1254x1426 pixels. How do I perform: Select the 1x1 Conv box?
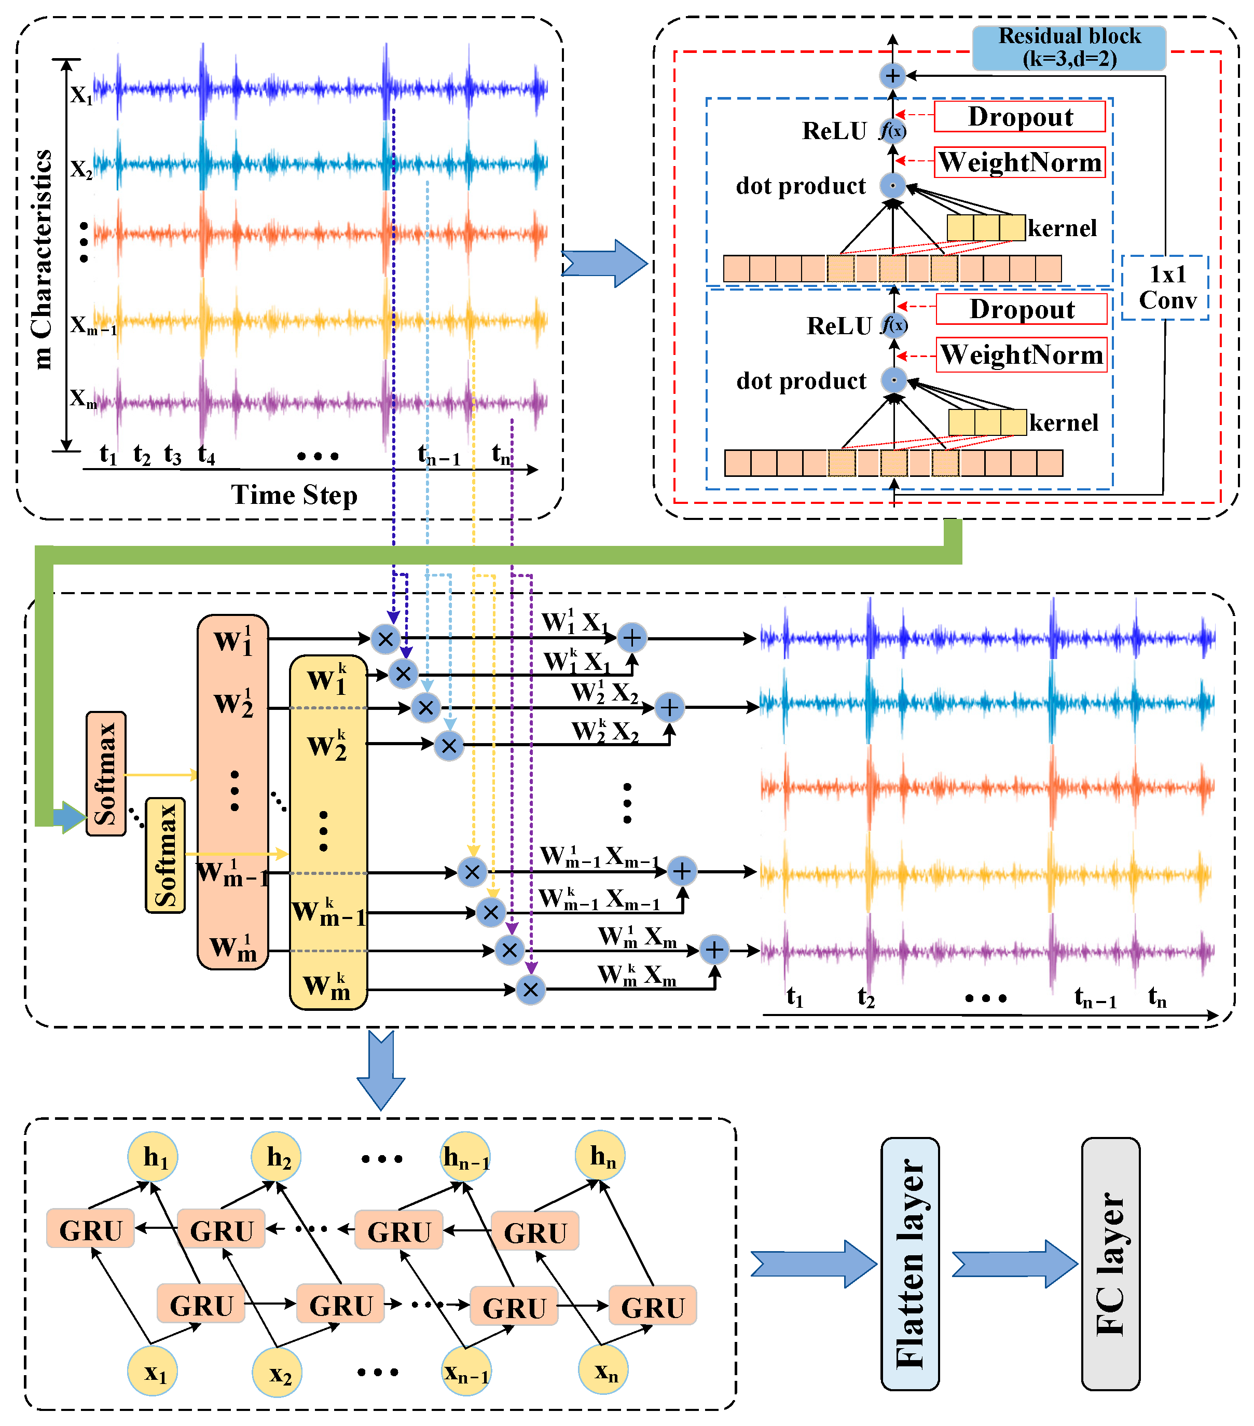1165,287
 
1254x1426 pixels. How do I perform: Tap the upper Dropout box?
1019,117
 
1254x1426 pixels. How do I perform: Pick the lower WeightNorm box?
1021,355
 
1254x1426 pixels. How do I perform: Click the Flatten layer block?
910,1264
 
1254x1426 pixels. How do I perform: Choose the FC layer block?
1110,1264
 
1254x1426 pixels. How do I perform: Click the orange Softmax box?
106,773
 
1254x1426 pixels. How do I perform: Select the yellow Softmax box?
166,855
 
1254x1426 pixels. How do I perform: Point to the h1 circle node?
153,1157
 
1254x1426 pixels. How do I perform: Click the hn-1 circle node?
466,1158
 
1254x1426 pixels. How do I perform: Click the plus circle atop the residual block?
892,75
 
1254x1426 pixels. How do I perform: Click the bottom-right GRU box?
652,1307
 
